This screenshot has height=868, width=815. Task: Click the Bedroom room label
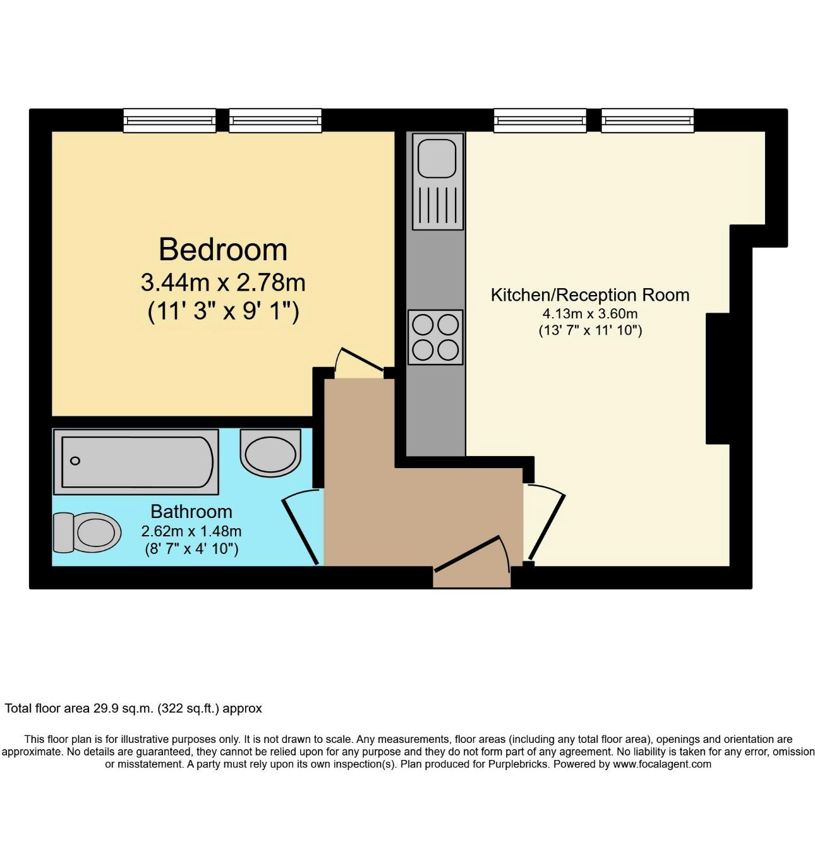point(222,250)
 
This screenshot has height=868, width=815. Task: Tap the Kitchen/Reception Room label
point(590,295)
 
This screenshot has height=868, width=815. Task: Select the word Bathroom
point(191,511)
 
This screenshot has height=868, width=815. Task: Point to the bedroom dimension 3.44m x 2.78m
point(222,282)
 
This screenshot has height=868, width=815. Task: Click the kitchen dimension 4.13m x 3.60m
point(590,314)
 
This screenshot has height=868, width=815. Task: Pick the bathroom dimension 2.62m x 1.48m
point(191,531)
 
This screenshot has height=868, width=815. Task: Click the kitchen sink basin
point(437,158)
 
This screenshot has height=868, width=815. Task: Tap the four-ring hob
point(435,337)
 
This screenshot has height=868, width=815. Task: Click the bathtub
point(136,462)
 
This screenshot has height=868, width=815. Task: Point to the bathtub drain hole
point(75,461)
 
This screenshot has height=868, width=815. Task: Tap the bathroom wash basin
point(270,454)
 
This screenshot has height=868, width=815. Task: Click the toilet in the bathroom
point(86,533)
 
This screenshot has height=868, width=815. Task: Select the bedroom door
point(362,358)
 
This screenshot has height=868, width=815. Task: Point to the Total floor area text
point(133,708)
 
